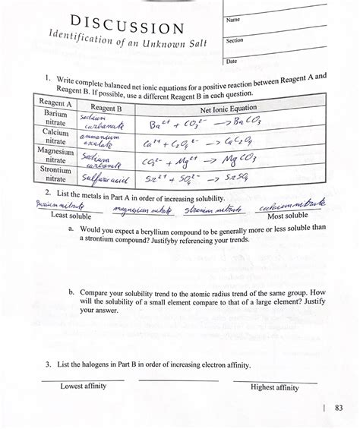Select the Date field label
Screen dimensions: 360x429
tap(232, 61)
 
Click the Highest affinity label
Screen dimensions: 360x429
tap(275, 387)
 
